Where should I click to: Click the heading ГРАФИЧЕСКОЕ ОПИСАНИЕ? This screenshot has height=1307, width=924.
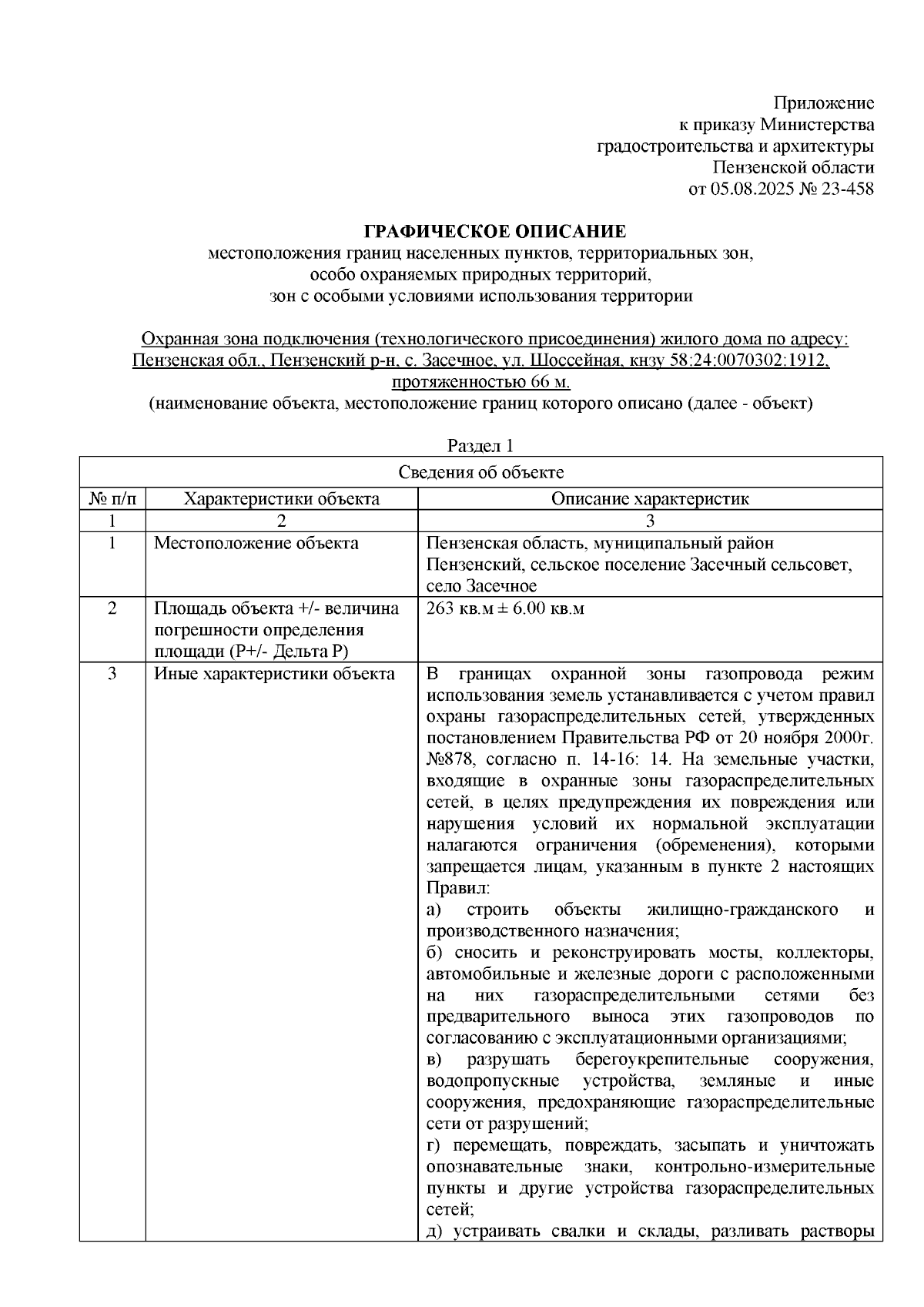click(495, 231)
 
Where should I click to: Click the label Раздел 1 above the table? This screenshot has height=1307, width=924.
click(480, 446)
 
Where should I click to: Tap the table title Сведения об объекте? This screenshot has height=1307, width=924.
click(481, 472)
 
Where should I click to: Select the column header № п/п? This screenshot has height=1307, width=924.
click(112, 498)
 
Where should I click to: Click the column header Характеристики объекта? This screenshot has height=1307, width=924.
click(281, 498)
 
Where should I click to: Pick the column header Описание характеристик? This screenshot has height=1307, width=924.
click(649, 498)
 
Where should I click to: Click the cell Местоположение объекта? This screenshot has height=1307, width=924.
click(256, 543)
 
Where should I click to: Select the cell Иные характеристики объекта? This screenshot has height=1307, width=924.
click(274, 674)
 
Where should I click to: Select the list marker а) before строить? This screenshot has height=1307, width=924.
click(434, 910)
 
